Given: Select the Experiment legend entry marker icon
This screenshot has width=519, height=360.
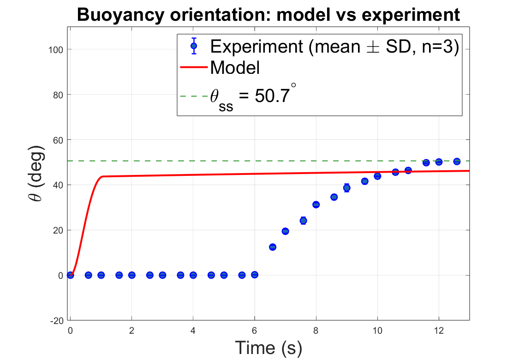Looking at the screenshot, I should [194, 46].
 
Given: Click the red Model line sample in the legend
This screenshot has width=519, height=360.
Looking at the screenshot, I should [194, 68].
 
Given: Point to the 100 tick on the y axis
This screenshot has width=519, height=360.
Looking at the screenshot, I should [57, 49].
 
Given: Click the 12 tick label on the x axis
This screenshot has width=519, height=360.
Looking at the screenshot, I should [439, 330].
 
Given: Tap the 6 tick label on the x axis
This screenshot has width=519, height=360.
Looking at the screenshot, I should [254, 330].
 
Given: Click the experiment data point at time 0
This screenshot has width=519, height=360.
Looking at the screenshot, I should [70, 275].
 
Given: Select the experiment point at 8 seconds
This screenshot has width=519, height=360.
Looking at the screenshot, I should [316, 204].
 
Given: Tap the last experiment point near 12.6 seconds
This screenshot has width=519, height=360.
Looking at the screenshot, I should [457, 162].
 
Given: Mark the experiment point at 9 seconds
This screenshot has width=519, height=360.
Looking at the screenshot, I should [346, 187].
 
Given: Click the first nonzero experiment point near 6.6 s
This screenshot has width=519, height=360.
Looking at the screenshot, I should [273, 247].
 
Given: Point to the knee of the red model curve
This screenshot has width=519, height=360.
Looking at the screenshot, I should [102, 177].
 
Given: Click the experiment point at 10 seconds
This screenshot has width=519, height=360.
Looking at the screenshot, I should [377, 176].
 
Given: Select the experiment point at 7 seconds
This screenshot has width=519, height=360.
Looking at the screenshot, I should [285, 231].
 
